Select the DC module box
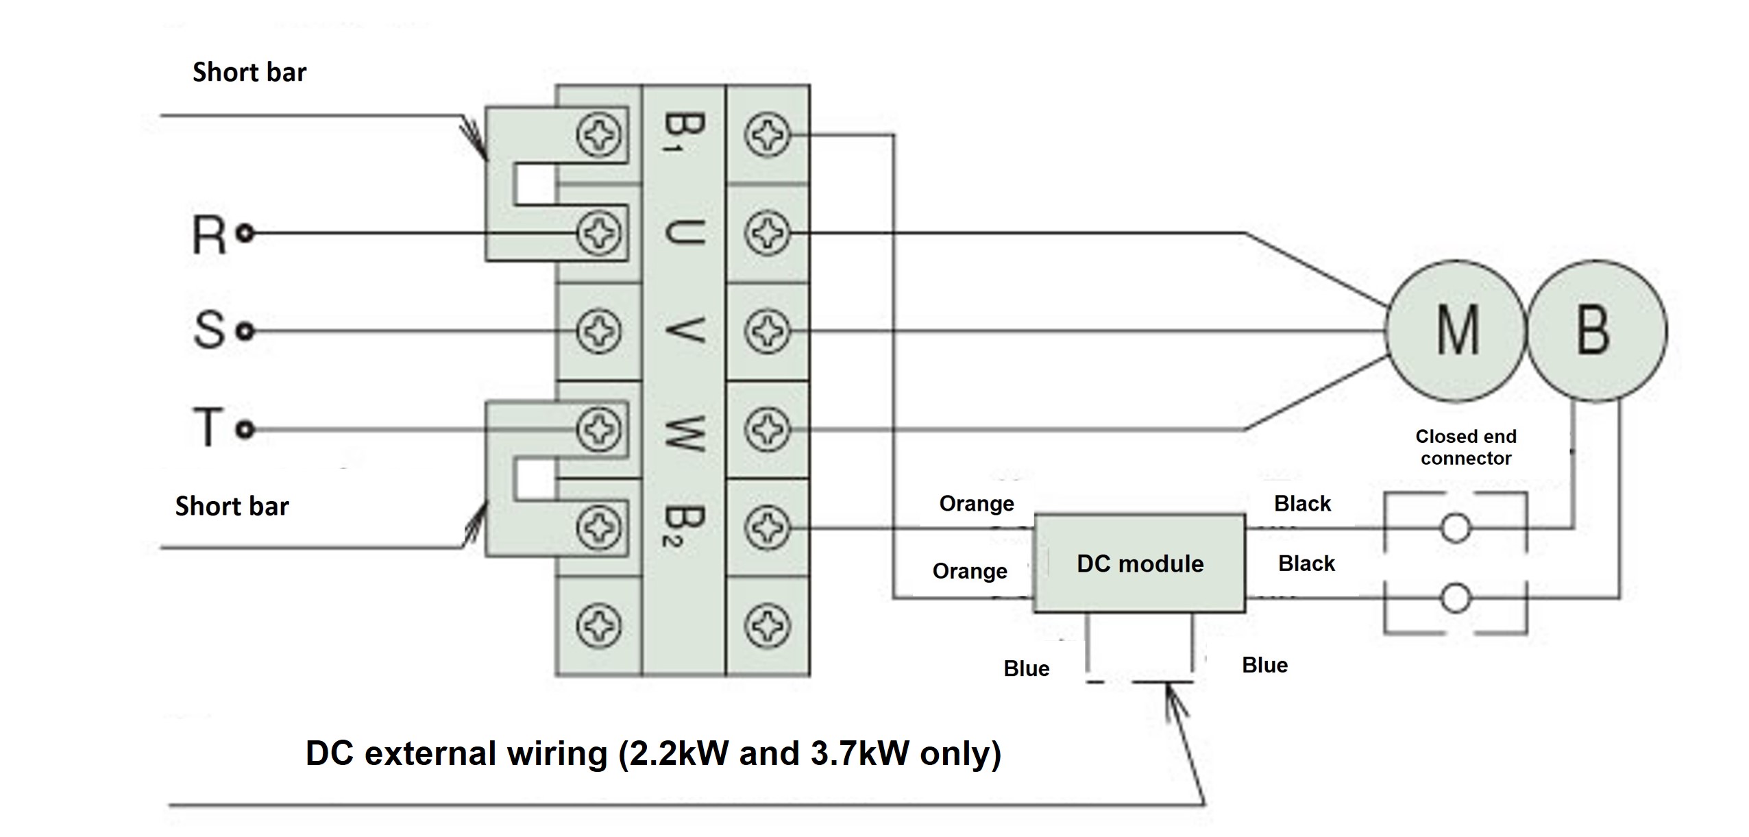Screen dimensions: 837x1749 [1139, 563]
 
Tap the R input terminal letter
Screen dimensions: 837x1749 [208, 235]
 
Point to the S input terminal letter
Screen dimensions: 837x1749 [208, 330]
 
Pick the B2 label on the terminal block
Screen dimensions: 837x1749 [683, 526]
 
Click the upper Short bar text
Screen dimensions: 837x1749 [249, 72]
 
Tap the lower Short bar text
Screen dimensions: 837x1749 [232, 506]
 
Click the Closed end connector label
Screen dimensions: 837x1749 [1466, 447]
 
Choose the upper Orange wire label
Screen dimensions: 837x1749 [976, 503]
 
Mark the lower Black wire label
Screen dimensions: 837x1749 [1306, 563]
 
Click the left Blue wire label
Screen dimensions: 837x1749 [1026, 668]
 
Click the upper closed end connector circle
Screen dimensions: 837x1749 [1455, 529]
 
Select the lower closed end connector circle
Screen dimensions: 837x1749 [1455, 598]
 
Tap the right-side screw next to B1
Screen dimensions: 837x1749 [768, 135]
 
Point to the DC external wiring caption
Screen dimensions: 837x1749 [652, 753]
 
